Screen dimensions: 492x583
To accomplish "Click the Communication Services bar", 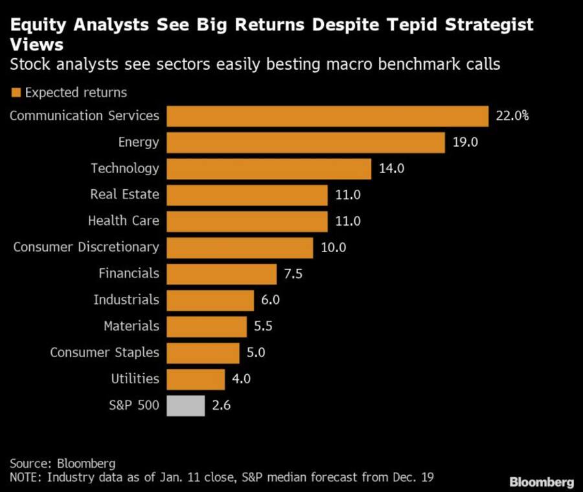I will pyautogui.click(x=327, y=116).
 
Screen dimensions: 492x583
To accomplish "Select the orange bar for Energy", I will pyautogui.click(x=306, y=143).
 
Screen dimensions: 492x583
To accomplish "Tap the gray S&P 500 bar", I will pyautogui.click(x=186, y=406).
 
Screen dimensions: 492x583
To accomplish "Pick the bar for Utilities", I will pyautogui.click(x=196, y=379).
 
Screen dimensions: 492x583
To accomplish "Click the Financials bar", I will pyautogui.click(x=222, y=274).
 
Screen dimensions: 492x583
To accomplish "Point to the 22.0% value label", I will pyautogui.click(x=512, y=116).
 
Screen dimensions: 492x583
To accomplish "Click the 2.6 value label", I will pyautogui.click(x=222, y=406).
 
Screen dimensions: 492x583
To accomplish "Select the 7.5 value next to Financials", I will pyautogui.click(x=293, y=274).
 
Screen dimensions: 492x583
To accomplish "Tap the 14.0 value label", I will pyautogui.click(x=391, y=169).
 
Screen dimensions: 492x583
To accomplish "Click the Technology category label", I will pyautogui.click(x=124, y=169).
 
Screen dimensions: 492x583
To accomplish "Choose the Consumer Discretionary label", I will pyautogui.click(x=86, y=247).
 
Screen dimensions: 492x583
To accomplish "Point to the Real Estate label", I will pyautogui.click(x=124, y=194).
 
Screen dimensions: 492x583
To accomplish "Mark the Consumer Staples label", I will pyautogui.click(x=104, y=353).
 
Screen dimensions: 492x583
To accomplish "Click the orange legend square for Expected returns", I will pyautogui.click(x=16, y=93).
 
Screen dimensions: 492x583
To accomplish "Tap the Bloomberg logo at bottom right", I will pyautogui.click(x=542, y=482).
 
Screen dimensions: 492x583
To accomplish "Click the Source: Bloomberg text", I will pyautogui.click(x=62, y=463).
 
